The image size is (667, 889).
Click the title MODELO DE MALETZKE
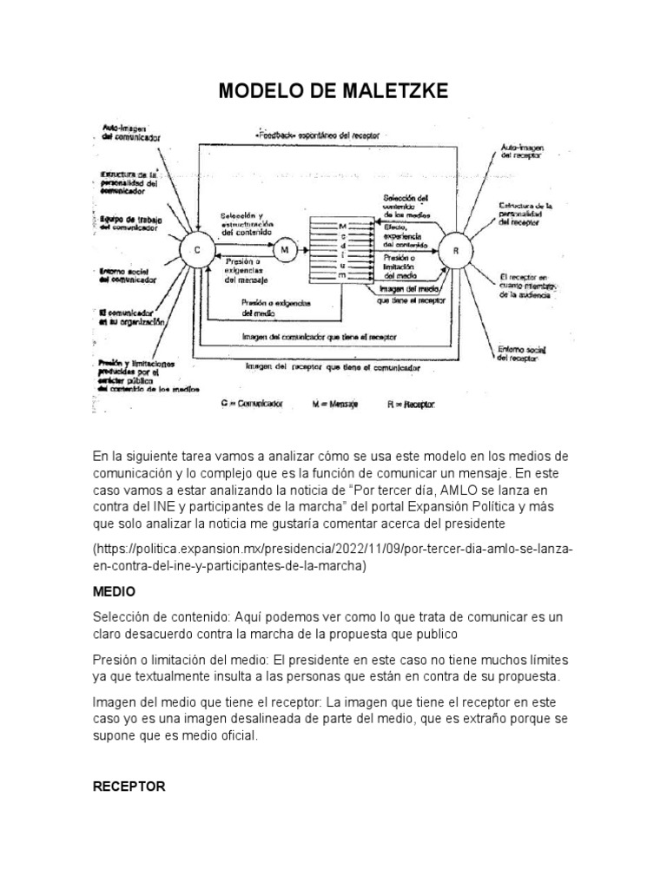point(333,91)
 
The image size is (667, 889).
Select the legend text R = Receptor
point(411,404)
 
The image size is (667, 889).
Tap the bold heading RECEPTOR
point(129,786)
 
